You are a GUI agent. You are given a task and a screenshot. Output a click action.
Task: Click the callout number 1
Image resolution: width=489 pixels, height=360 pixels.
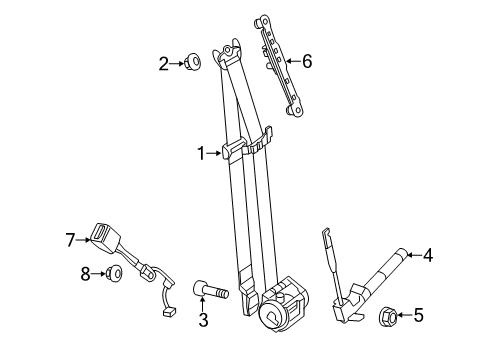pyautogui.click(x=200, y=153)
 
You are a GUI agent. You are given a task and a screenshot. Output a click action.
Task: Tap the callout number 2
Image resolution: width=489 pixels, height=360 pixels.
pyautogui.click(x=163, y=63)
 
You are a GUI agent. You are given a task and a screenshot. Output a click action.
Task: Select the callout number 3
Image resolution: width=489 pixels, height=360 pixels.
pyautogui.click(x=203, y=320)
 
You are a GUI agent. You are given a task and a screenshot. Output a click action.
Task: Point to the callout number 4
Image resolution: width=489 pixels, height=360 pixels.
pyautogui.click(x=427, y=256)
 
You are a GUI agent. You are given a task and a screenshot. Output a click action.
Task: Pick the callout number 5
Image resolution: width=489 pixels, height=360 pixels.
pyautogui.click(x=418, y=317)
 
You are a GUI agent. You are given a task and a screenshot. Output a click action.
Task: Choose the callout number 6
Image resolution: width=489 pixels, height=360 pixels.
pyautogui.click(x=306, y=62)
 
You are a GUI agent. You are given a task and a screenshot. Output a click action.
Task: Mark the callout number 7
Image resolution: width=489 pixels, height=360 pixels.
pyautogui.click(x=71, y=239)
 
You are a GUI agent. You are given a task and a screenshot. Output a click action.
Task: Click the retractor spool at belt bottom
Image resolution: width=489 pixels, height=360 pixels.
pyautogui.click(x=275, y=314)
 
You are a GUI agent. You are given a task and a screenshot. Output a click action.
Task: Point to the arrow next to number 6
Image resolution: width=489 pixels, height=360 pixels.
pyautogui.click(x=291, y=62)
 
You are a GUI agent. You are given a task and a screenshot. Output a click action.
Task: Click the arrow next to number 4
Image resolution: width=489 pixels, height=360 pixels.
pyautogui.click(x=412, y=256)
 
